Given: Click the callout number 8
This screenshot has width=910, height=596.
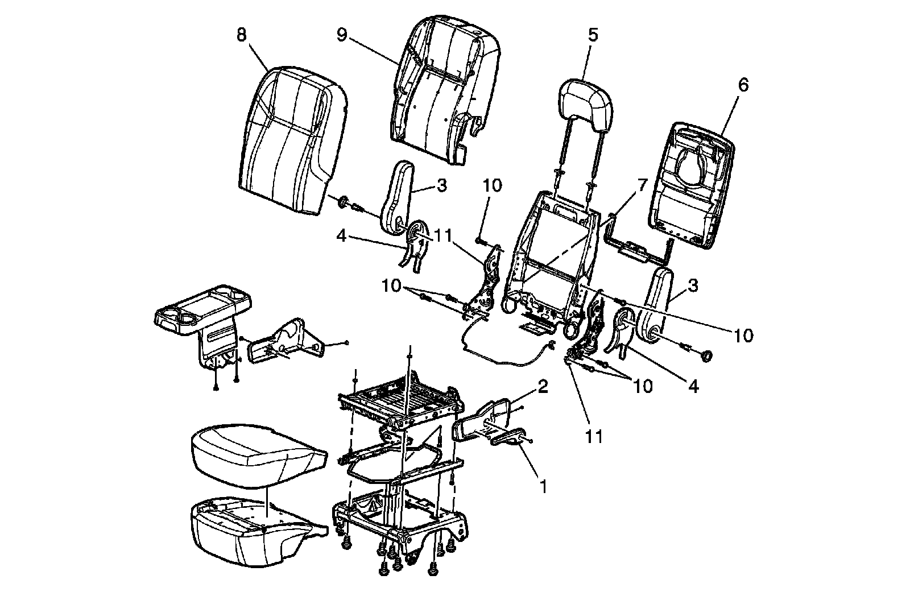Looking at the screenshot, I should [242, 35].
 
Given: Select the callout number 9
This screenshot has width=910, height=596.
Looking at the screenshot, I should [341, 35].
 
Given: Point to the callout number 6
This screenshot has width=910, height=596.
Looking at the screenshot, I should [743, 85].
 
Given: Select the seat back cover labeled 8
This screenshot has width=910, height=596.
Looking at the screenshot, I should [290, 142].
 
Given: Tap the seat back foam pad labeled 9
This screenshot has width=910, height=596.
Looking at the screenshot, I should [444, 91].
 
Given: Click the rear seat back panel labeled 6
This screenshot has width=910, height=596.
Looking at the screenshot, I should [691, 182].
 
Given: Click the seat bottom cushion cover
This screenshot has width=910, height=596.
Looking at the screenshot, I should [256, 455].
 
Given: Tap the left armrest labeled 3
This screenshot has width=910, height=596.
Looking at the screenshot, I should [401, 196].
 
